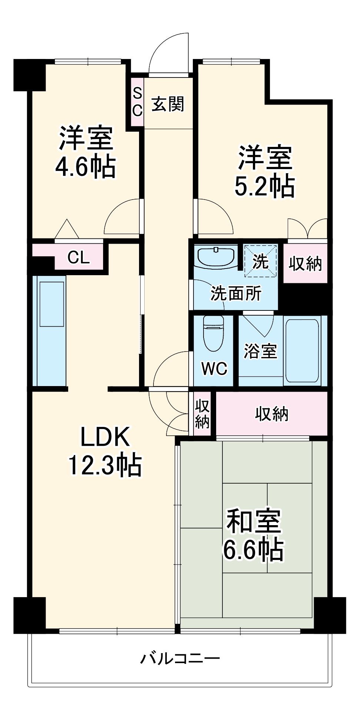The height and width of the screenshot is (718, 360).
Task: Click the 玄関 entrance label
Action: pos(168,104)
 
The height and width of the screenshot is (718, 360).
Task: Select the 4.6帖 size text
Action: pos(85,167)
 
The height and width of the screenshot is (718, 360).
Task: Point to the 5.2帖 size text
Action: pos(264,186)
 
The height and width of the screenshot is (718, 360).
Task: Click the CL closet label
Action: pos(78,257)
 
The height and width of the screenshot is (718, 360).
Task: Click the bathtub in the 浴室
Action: pos(302,350)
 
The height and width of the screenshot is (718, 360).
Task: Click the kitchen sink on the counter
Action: pos(52,304)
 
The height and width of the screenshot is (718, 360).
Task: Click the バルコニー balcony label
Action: pos(180,658)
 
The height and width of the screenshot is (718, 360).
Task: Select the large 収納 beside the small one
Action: pos(271,414)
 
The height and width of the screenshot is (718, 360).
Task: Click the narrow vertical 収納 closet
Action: pos(202,414)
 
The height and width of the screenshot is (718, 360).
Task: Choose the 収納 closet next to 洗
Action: pos(305,263)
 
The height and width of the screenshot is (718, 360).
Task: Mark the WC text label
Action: pos(214,368)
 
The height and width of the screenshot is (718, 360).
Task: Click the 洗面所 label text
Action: pos(236,293)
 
